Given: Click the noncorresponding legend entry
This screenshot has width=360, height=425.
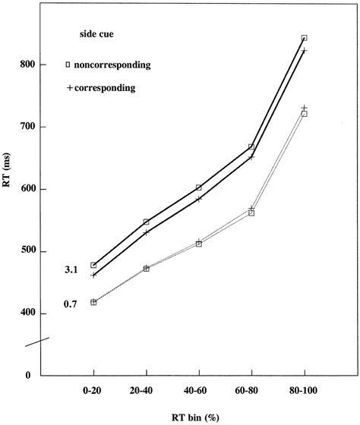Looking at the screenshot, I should pos(112,65).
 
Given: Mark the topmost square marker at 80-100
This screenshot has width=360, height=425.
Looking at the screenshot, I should pos(304,38).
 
